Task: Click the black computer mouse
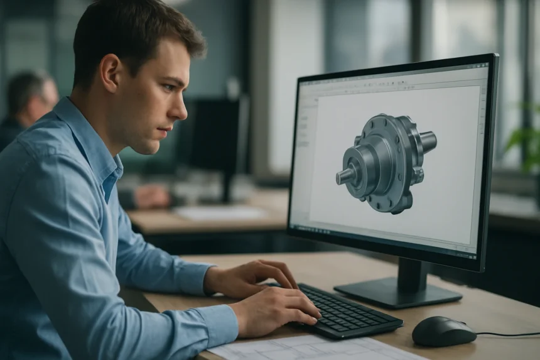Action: [x=443, y=330]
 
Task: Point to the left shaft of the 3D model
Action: [x=346, y=176]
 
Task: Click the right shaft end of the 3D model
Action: [x=429, y=141]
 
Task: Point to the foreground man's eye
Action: [x=165, y=89]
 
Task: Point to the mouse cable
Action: [x=509, y=334]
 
